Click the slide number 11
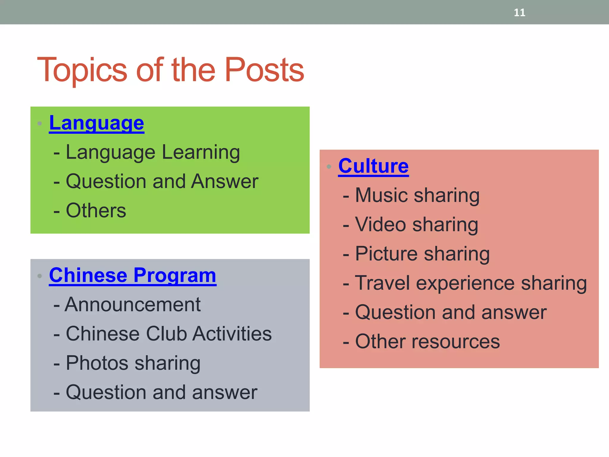point(519,12)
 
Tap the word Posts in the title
point(264,70)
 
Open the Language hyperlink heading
point(97,123)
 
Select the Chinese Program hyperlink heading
point(133,275)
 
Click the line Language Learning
point(153,152)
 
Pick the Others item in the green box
point(96,211)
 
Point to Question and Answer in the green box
point(162,181)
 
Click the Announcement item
point(133,305)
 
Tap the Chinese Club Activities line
point(168,334)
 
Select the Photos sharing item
point(133,363)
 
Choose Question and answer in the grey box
point(161,392)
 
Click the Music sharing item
point(417,195)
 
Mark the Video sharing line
point(416,225)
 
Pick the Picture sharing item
point(422,254)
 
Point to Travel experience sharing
point(471,283)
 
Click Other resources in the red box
point(427,341)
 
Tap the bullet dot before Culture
point(329,167)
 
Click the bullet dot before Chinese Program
point(40,276)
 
